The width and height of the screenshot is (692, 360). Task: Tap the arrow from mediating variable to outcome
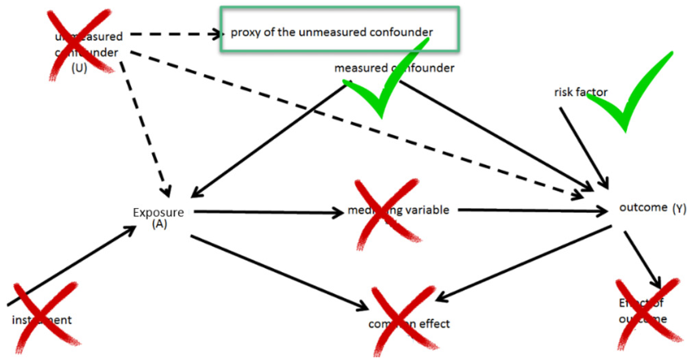(x=529, y=211)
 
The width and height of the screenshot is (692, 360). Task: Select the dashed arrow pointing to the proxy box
(x=175, y=34)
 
